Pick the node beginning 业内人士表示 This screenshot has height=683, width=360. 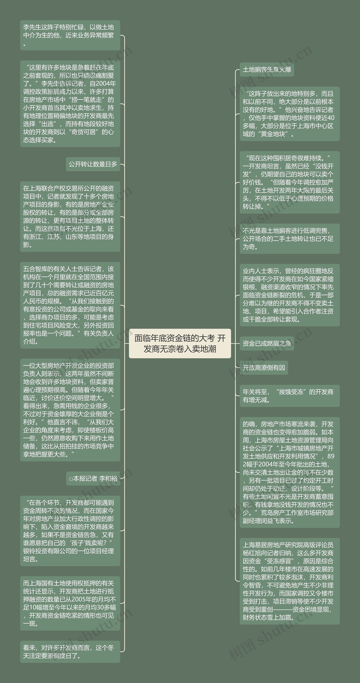(290, 295)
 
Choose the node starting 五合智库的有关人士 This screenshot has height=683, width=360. (70, 305)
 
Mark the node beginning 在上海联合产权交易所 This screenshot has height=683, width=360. (70, 217)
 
